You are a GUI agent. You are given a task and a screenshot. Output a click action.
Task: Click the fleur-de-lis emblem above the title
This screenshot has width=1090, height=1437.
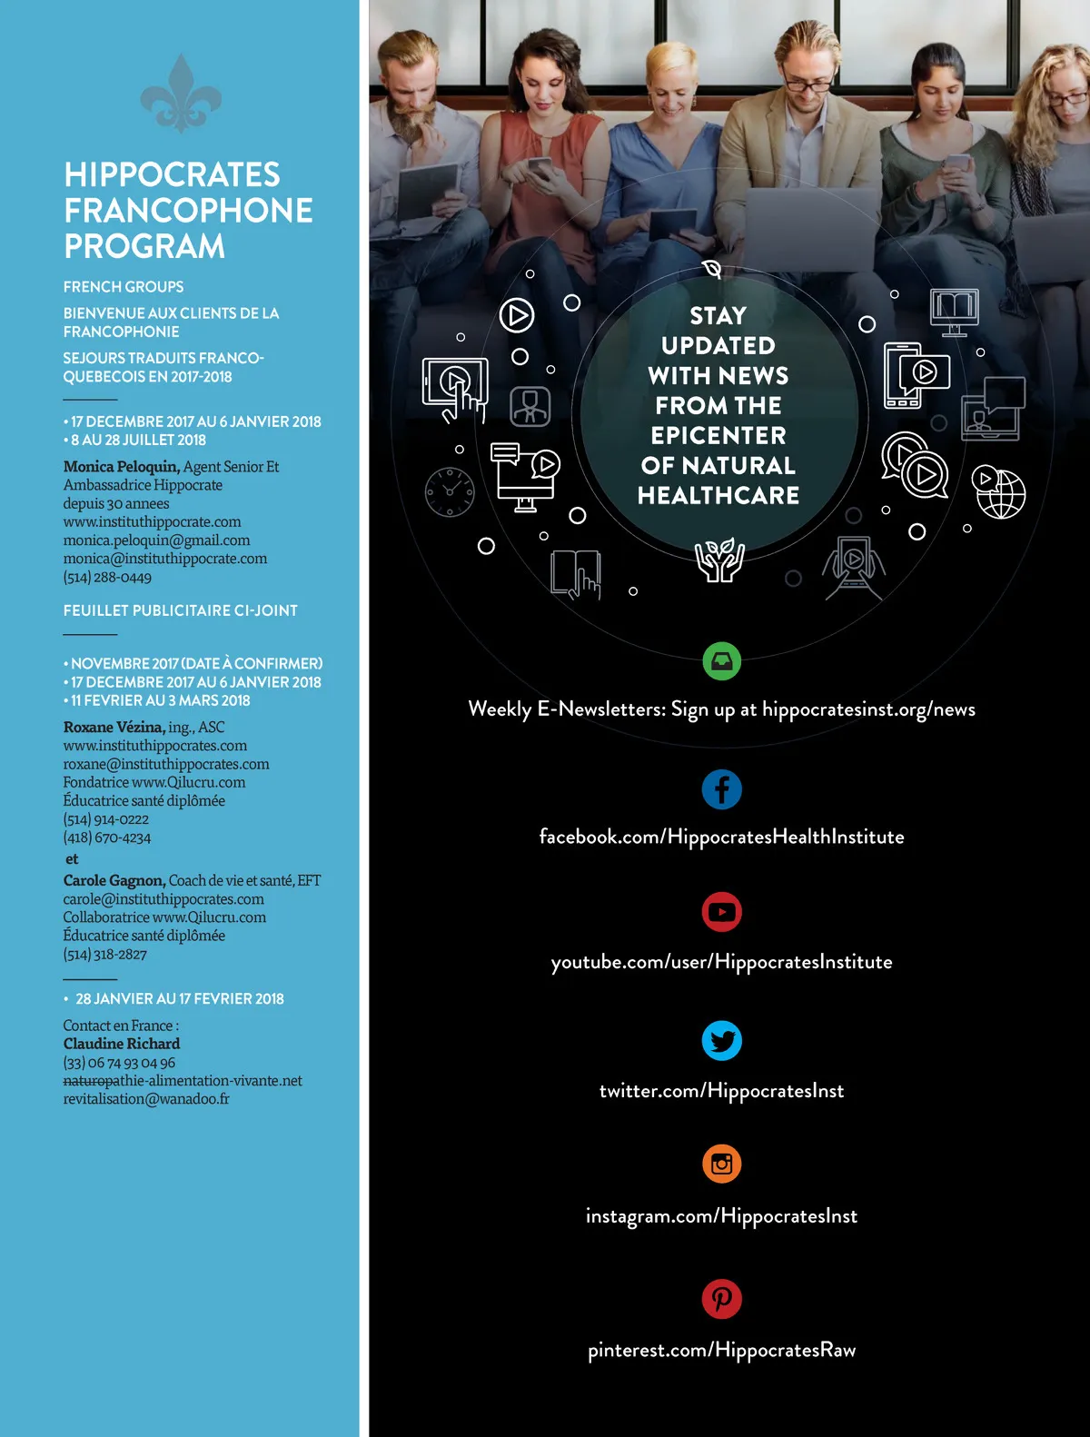(181, 93)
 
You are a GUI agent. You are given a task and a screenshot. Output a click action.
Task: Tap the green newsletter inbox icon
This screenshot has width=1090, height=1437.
(722, 660)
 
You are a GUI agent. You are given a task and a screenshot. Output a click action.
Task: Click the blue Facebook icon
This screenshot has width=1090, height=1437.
(722, 789)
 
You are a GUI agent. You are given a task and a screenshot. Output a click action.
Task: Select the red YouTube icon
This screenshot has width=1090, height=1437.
(722, 912)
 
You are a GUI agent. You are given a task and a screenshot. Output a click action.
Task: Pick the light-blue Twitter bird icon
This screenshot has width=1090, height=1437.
(722, 1041)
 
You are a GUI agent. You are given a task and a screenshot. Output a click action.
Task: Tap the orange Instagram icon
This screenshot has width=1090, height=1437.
(722, 1164)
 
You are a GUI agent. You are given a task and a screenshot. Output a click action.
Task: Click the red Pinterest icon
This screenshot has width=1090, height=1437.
(722, 1299)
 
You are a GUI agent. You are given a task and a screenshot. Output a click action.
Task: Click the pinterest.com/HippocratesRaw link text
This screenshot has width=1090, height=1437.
(722, 1351)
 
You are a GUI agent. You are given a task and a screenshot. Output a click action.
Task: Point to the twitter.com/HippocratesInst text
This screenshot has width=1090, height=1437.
(722, 1091)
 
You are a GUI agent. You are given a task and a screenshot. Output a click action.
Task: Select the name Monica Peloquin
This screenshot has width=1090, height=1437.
(121, 467)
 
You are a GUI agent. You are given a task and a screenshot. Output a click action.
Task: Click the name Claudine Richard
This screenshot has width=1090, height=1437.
(122, 1044)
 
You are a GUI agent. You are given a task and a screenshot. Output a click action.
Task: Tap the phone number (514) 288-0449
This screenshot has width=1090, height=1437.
(107, 577)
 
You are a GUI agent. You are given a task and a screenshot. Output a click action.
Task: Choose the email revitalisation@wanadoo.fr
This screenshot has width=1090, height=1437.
(146, 1099)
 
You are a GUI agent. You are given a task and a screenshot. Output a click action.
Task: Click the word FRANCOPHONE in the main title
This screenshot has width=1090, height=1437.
(188, 211)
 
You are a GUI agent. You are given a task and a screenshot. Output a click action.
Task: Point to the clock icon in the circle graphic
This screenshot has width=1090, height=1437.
(450, 491)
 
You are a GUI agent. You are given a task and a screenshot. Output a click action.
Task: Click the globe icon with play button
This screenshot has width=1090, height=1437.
(999, 492)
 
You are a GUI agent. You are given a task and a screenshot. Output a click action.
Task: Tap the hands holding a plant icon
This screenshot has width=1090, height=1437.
(719, 560)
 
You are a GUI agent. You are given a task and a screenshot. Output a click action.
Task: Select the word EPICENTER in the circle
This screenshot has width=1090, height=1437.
(718, 436)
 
